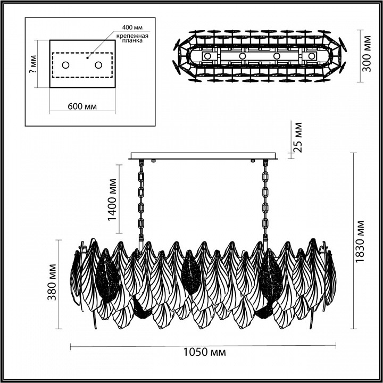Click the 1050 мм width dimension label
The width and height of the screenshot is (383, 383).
click(203, 353)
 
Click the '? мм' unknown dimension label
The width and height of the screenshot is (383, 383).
click(32, 65)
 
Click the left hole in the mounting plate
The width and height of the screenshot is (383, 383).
click(66, 65)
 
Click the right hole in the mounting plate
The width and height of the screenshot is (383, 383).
click(98, 65)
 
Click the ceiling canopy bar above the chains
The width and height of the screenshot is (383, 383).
click(204, 156)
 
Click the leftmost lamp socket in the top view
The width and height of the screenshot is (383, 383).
click(209, 56)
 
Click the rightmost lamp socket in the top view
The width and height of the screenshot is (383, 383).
click(310, 56)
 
